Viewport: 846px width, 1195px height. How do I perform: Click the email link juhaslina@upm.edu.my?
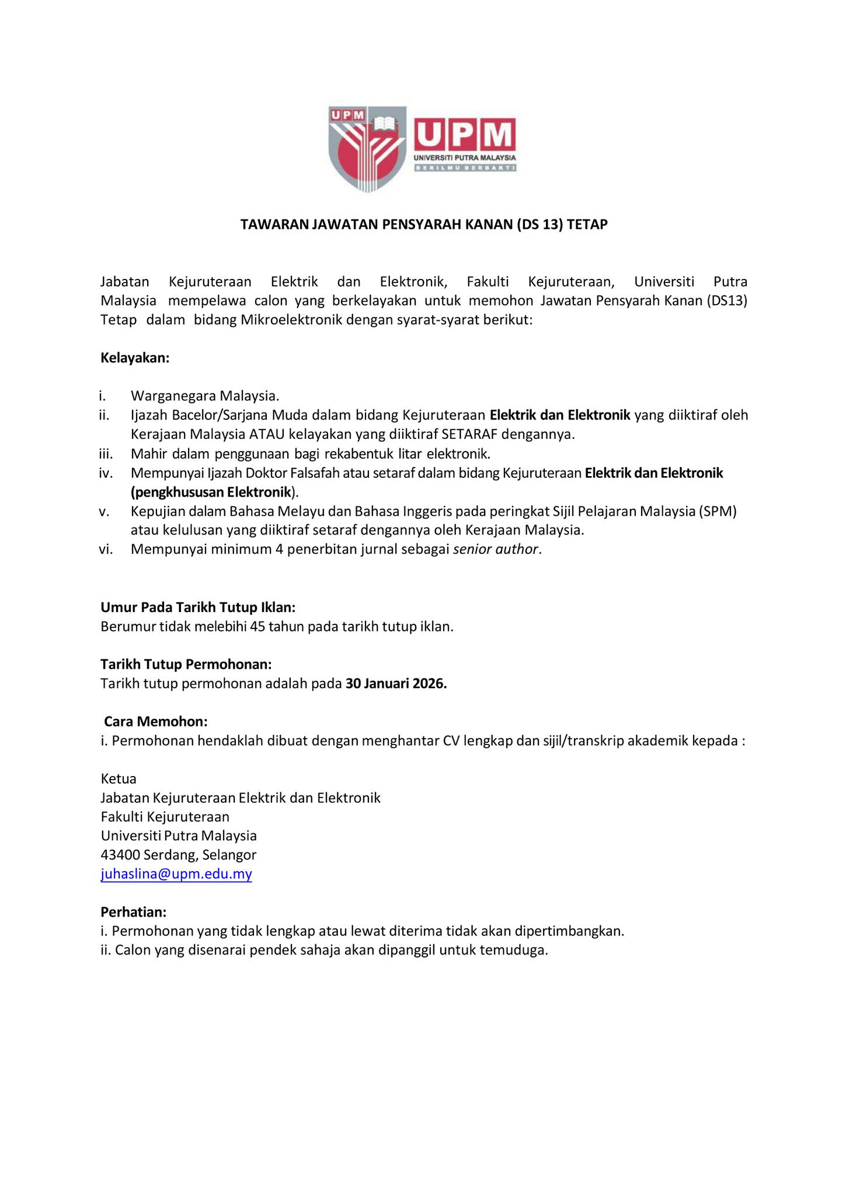click(176, 874)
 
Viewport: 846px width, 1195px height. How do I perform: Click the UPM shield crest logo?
click(367, 148)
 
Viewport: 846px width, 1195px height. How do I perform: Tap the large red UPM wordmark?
click(465, 135)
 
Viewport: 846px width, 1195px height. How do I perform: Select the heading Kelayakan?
click(135, 358)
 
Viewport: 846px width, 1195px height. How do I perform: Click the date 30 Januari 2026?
click(396, 683)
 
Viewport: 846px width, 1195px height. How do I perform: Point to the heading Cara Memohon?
click(155, 721)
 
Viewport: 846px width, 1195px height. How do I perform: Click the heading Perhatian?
click(133, 911)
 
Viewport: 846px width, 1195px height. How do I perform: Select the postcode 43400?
click(120, 855)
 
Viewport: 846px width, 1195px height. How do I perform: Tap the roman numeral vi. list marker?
click(105, 549)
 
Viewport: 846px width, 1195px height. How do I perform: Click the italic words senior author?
click(496, 549)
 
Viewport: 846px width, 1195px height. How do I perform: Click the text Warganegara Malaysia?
click(205, 396)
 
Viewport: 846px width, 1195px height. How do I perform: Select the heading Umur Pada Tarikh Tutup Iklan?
click(198, 607)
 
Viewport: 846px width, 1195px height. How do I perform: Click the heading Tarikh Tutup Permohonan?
click(186, 664)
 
